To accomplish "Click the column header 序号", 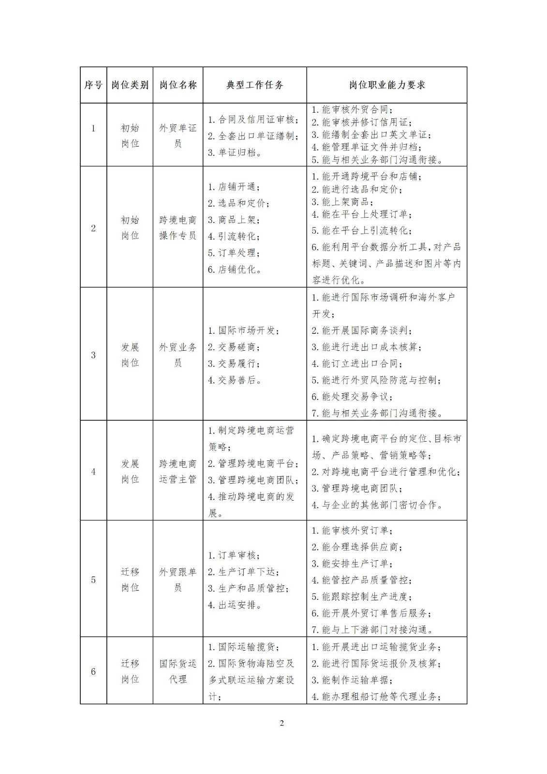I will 93,85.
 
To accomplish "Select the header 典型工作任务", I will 255,85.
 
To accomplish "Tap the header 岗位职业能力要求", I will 387,85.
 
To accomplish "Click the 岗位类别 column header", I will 130,85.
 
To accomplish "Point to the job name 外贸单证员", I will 178,135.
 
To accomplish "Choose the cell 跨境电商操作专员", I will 178,227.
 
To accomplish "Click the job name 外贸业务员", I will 178,355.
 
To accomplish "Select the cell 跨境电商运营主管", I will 178,471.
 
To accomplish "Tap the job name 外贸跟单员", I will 178,580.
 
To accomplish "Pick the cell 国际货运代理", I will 178,671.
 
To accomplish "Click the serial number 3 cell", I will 93,355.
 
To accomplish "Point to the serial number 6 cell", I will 93,671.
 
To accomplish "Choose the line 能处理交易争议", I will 352,397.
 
